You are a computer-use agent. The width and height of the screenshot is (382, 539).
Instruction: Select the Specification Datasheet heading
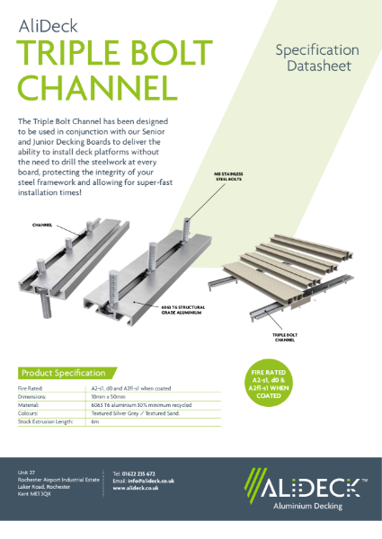[316, 57]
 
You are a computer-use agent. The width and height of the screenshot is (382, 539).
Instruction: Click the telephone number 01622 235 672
[141, 473]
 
